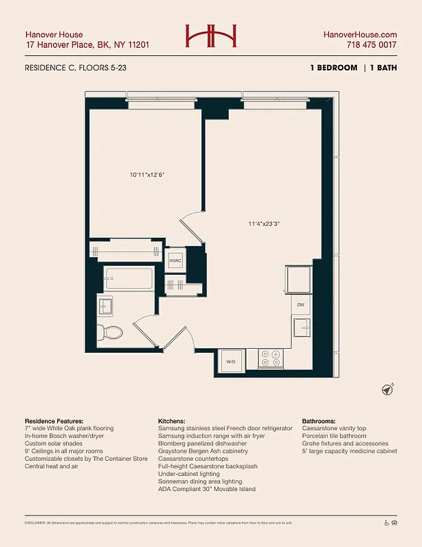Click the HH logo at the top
211,36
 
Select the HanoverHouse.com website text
360,34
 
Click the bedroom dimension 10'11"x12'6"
147,174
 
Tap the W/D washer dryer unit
231,361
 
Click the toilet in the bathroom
110,333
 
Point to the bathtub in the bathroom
129,279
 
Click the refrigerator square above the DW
299,280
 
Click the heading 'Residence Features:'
54,421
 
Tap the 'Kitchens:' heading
175,421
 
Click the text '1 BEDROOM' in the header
333,68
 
